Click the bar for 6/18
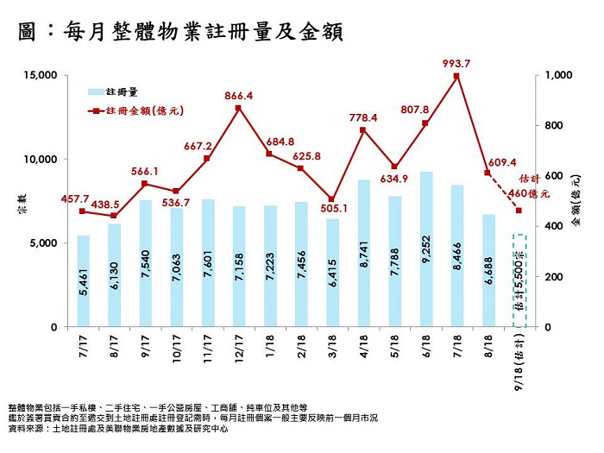pos(426,250)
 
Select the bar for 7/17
pos(83,281)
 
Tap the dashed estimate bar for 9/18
pos(519,280)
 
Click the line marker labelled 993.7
pos(456,76)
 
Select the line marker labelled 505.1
pos(332,199)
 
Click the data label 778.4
pos(362,117)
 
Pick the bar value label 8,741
pos(364,276)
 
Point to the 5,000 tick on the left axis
pos(41,243)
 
